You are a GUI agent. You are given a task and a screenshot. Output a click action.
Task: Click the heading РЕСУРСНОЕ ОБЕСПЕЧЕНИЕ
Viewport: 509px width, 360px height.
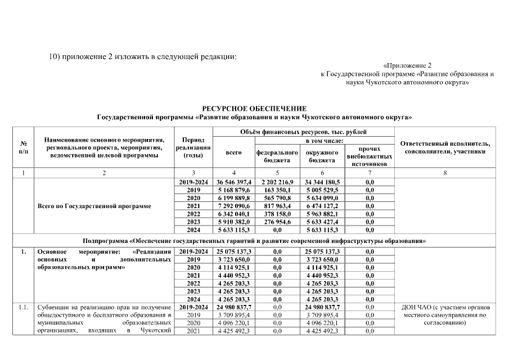[254, 108]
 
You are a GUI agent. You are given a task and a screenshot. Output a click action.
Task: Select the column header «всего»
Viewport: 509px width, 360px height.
[233, 152]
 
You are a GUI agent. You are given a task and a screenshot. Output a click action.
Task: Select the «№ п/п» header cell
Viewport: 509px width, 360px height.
[23, 147]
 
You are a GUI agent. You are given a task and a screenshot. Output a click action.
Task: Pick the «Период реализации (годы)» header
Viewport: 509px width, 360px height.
[193, 147]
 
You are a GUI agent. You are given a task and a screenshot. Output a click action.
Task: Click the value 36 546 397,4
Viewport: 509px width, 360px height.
[233, 182]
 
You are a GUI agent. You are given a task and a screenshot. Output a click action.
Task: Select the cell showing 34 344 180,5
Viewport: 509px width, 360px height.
[322, 182]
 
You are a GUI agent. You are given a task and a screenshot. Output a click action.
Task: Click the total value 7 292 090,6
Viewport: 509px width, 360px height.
[233, 206]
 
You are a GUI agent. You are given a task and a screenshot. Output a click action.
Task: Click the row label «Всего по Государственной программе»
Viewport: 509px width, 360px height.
[94, 206]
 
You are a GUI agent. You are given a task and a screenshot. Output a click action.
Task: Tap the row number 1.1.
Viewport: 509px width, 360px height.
[23, 307]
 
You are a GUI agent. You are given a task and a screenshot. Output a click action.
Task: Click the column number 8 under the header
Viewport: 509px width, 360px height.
[445, 173]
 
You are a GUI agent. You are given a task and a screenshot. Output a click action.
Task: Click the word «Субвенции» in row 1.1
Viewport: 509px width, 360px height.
[53, 307]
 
